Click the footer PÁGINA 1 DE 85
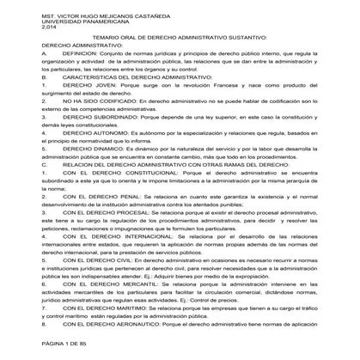[45, 344]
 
